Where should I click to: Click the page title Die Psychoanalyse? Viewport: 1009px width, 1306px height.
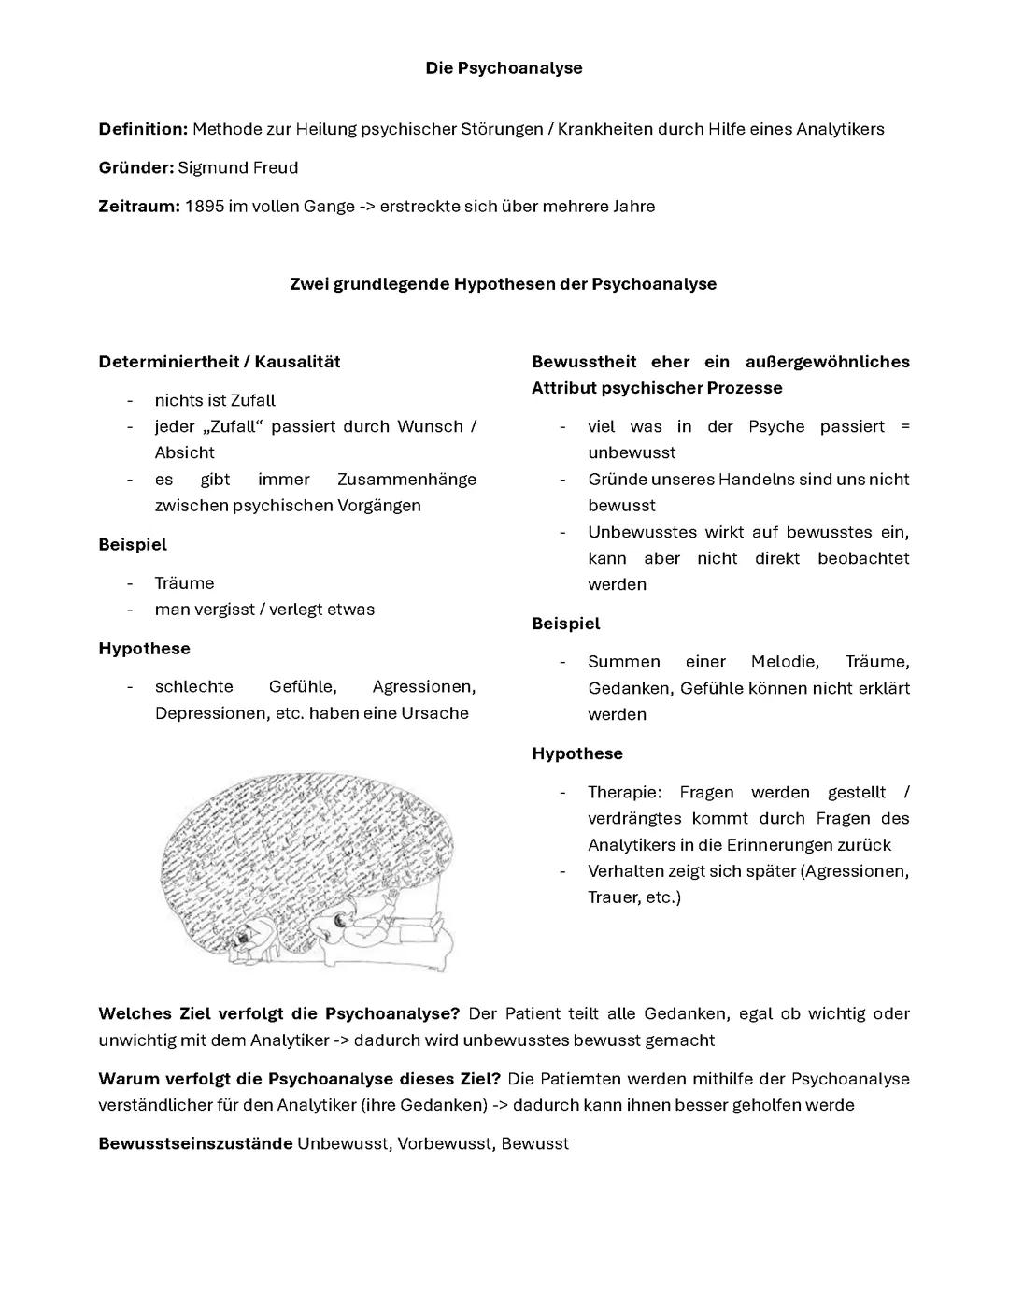pos(504,68)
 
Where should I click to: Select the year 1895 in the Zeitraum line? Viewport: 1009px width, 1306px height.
pos(204,207)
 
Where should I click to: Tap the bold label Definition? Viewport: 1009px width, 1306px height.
pos(143,129)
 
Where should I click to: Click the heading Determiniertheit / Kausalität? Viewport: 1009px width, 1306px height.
pos(220,362)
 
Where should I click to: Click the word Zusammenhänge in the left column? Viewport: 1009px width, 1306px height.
pos(406,480)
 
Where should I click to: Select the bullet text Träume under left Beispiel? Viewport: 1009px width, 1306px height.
pos(184,583)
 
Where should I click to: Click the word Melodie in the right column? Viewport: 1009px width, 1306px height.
pos(784,662)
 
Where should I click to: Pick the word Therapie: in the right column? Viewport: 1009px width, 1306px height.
pos(624,793)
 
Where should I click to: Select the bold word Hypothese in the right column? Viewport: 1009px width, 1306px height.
pos(577,753)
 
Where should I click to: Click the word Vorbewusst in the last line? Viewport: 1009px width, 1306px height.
pos(444,1144)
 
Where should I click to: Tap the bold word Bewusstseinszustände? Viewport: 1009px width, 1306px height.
pos(195,1144)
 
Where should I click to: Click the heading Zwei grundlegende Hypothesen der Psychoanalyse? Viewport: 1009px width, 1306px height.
pos(504,284)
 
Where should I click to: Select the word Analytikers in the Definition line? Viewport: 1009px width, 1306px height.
pos(840,129)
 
